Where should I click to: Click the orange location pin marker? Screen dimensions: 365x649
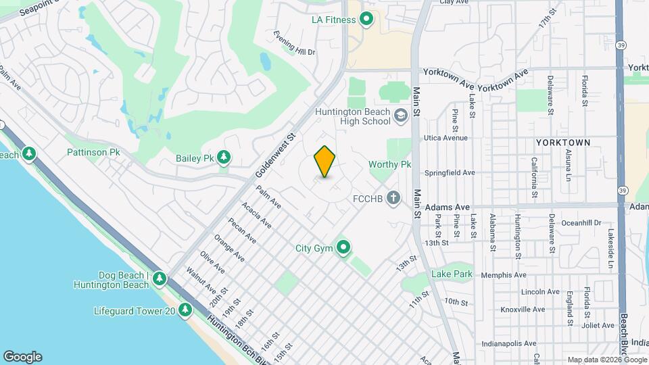point(325,162)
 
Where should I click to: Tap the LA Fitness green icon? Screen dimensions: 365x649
point(366,20)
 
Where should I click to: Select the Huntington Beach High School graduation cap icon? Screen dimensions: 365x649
point(401,116)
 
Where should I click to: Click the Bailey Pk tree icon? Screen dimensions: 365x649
point(224,158)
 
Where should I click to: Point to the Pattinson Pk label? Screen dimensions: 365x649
point(93,153)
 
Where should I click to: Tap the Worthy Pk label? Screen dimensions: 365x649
point(390,164)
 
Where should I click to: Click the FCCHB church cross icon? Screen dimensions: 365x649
point(393,199)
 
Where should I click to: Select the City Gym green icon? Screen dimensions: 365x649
point(343,248)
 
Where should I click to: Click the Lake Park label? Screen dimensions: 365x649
point(452,274)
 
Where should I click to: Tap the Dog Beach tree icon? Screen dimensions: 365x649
point(160,278)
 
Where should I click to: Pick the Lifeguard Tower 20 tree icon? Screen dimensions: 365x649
point(185,311)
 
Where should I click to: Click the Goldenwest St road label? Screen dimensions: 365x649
point(276,155)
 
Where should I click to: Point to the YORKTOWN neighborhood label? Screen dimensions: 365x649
point(562,143)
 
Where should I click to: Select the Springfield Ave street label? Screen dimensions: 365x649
point(450,172)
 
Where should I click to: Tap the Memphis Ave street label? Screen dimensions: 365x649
point(503,275)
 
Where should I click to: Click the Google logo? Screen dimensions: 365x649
point(22,357)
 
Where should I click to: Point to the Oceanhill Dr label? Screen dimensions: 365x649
point(581,222)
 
